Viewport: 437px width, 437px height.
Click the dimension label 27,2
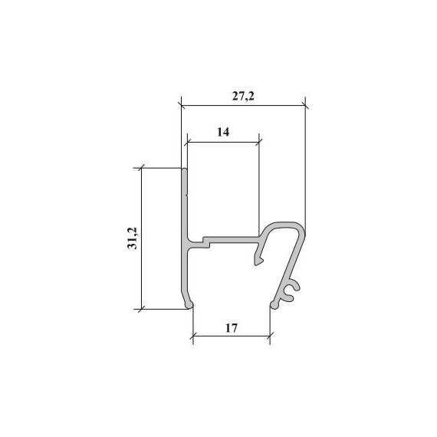[243, 97]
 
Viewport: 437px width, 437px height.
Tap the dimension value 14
[223, 132]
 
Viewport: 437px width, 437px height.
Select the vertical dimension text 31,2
[132, 238]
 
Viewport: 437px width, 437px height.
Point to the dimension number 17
[232, 328]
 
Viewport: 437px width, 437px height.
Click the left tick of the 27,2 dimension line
[181, 106]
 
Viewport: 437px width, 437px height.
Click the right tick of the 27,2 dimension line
[305, 106]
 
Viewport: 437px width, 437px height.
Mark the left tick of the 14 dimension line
[187, 143]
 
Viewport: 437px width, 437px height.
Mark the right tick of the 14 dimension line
[259, 143]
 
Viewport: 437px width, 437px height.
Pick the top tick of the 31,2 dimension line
[142, 168]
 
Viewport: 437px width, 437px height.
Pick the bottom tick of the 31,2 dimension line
[142, 309]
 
